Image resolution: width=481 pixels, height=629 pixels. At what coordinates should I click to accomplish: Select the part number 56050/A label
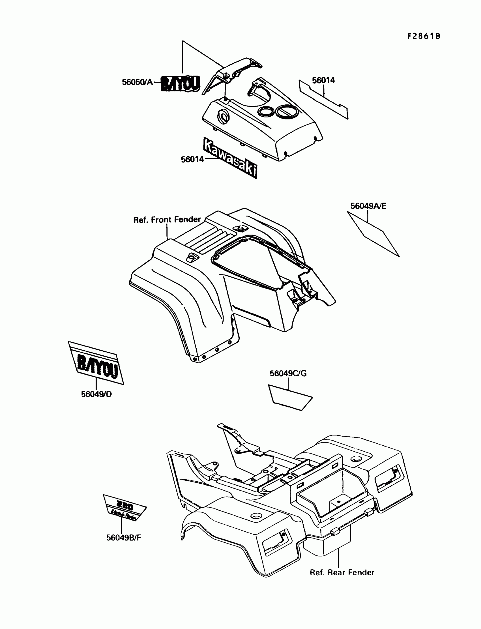click(x=138, y=82)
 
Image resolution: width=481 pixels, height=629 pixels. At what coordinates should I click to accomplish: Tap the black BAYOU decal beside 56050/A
click(x=180, y=83)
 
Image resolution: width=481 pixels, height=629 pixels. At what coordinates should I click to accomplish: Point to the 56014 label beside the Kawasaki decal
click(x=192, y=160)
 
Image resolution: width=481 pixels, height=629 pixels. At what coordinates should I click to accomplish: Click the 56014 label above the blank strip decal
click(x=323, y=80)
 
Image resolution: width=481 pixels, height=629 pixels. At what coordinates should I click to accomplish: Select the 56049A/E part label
click(x=368, y=206)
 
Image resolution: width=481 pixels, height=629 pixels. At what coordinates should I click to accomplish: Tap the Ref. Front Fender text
click(x=167, y=220)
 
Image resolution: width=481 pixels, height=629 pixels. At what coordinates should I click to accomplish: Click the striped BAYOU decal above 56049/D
click(x=96, y=363)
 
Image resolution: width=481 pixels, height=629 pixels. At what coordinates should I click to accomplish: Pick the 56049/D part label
click(x=96, y=394)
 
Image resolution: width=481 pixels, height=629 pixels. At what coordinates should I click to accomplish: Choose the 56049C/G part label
click(x=288, y=373)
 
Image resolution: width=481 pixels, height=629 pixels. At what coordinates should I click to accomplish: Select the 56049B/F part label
click(x=124, y=538)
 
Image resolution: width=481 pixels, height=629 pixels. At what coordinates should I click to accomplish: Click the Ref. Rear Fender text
click(x=342, y=573)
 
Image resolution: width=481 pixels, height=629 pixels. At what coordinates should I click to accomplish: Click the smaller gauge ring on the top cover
click(x=266, y=112)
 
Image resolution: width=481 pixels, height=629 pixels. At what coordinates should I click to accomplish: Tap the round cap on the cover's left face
click(x=223, y=117)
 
